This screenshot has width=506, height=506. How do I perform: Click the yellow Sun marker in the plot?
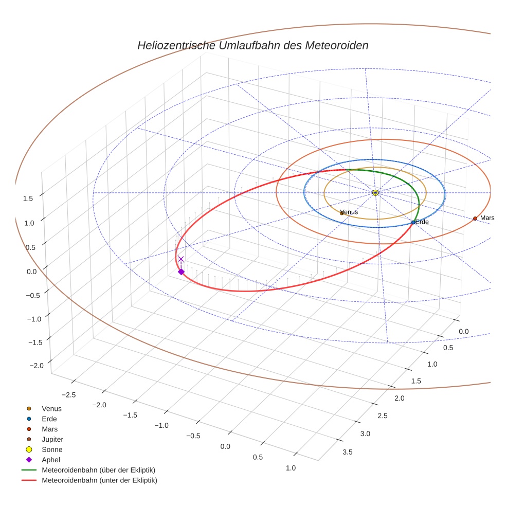[x=375, y=192]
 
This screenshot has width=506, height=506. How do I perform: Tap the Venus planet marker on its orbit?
[x=342, y=212]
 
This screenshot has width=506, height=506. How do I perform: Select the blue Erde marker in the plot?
[x=413, y=222]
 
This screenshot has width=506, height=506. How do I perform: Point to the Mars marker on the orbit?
[x=475, y=219]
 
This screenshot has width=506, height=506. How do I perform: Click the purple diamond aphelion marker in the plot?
[x=181, y=272]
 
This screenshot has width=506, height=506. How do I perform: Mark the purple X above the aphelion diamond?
[x=181, y=259]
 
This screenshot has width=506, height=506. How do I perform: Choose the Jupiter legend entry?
[x=52, y=439]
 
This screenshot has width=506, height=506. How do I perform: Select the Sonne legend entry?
[x=52, y=449]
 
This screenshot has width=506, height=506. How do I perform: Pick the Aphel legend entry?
[x=51, y=460]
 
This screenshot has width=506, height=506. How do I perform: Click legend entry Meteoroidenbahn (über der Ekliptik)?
[x=98, y=470]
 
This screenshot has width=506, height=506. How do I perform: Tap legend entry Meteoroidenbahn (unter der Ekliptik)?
[x=99, y=480]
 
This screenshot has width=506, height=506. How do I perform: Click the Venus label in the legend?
[x=52, y=408]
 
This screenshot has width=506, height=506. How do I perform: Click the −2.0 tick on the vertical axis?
[x=37, y=365]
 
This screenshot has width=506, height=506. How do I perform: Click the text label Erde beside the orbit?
[x=422, y=222]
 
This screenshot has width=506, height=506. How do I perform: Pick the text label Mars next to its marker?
[x=487, y=218]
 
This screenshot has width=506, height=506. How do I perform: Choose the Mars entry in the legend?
[x=50, y=429]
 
